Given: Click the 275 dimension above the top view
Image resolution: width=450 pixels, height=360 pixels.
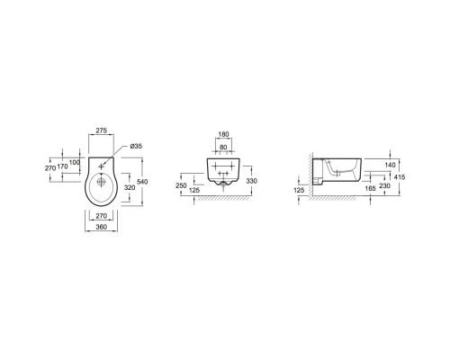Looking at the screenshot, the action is click(x=102, y=130).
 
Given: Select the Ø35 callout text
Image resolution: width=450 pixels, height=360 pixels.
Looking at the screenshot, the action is click(x=136, y=146).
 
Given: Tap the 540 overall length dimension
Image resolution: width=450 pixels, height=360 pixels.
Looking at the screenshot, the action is click(x=142, y=182).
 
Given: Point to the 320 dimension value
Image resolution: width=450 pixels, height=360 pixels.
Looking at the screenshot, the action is click(x=130, y=187).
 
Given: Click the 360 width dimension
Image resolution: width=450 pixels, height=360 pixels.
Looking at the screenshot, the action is click(x=102, y=227).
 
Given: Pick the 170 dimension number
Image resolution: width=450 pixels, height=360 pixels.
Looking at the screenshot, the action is click(x=62, y=166).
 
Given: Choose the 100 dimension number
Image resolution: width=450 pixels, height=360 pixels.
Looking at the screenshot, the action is click(x=75, y=162).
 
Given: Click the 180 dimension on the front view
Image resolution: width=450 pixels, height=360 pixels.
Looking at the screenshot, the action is click(x=223, y=134).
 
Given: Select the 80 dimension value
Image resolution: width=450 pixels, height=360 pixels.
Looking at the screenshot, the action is click(x=223, y=148).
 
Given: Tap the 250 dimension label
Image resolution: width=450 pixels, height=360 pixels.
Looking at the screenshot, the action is click(x=181, y=185).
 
